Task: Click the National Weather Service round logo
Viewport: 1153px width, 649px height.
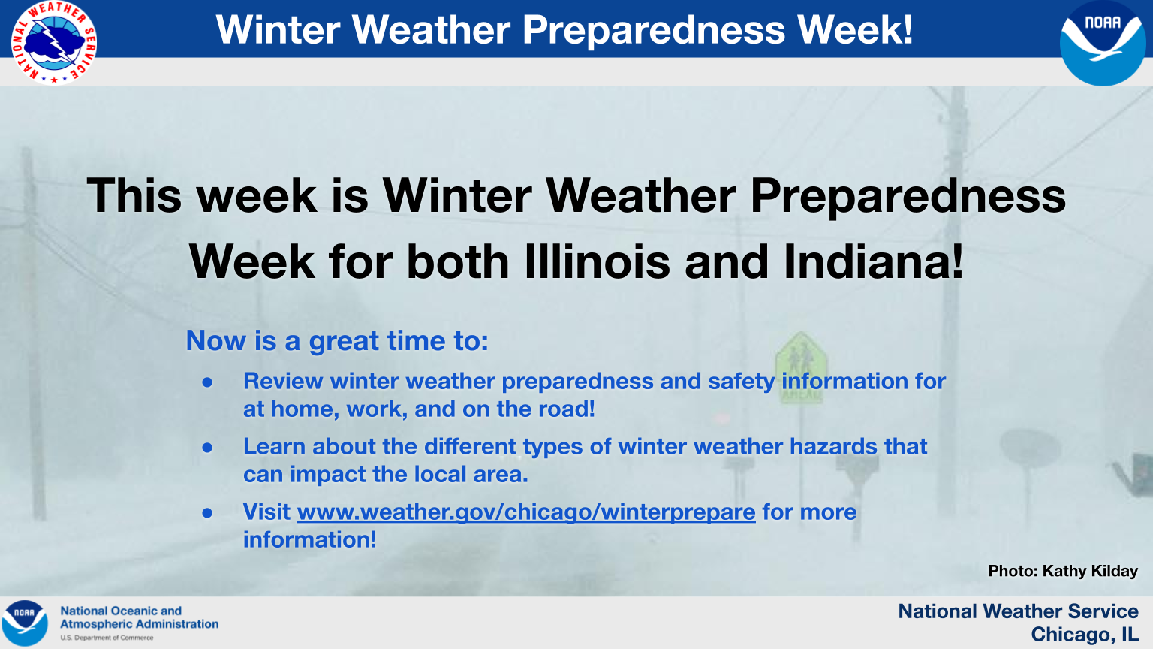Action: (54, 43)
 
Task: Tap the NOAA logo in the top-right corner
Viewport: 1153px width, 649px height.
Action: (1103, 43)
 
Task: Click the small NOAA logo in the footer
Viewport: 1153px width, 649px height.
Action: (24, 623)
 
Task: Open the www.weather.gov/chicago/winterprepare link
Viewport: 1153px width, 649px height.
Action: (526, 512)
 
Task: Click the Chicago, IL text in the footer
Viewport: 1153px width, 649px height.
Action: (1084, 635)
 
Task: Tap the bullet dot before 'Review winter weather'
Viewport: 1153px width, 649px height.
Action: (207, 382)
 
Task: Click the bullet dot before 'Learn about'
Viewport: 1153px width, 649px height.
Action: (207, 448)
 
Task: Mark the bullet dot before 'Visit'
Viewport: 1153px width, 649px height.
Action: (207, 513)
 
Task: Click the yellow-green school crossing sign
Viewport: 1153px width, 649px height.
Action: (801, 367)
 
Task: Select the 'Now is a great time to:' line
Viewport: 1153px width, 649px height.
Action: (337, 341)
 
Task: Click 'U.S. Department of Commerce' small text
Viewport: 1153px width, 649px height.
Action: (107, 638)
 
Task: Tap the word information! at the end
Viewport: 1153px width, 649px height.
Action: (310, 540)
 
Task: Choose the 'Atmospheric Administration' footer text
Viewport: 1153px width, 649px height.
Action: (140, 623)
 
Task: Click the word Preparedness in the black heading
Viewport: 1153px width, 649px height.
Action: (908, 196)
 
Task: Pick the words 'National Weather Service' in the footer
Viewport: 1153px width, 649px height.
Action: (1018, 611)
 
